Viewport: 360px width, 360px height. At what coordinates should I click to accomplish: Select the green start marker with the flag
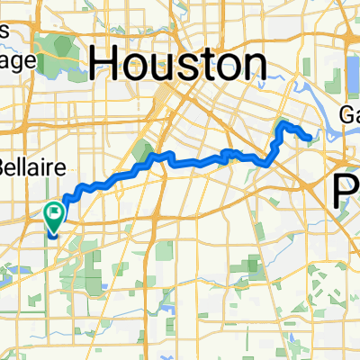pyautogui.click(x=53, y=217)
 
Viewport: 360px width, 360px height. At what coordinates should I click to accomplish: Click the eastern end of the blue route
pyautogui.click(x=310, y=138)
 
